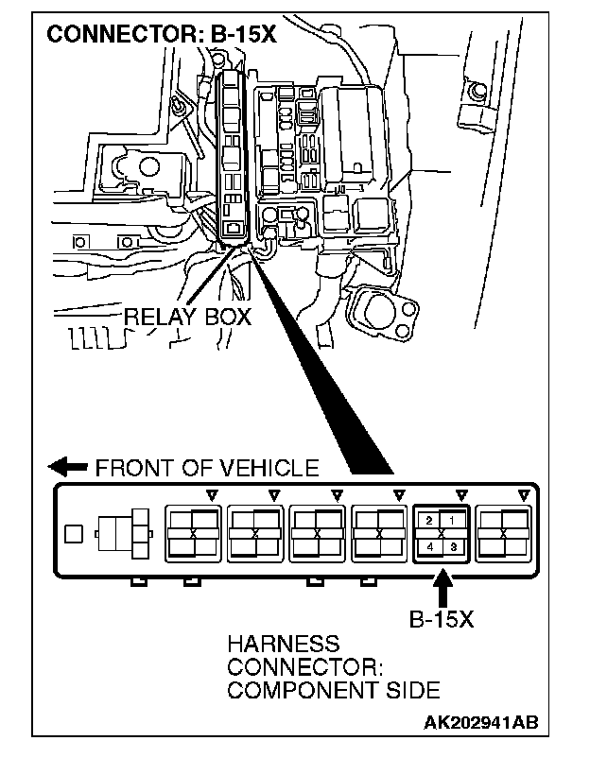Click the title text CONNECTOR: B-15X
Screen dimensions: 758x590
pos(162,35)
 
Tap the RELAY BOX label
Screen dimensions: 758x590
pos(188,317)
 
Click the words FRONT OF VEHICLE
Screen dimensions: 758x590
pos(206,467)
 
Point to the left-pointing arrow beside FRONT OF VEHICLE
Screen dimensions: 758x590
pos(68,467)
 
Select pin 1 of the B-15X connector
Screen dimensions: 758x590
pos(452,521)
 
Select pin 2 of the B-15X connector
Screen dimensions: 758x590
pos(429,521)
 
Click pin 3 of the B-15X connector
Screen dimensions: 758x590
pos(452,547)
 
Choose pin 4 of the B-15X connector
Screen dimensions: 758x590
pos(429,547)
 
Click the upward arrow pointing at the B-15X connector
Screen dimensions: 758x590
pos(442,590)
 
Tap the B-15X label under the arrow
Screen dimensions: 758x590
pos(441,621)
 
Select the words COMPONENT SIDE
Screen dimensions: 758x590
pos(321,689)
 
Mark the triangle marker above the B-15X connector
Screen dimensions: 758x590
pos(461,493)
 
